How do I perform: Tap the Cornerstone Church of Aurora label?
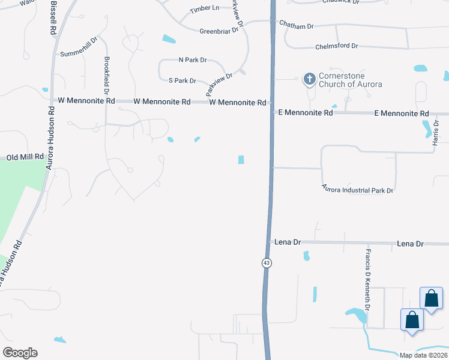tap(351, 80)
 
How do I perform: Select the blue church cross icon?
tap(310, 79)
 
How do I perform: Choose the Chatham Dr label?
tap(297, 26)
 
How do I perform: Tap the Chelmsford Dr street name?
tap(336, 46)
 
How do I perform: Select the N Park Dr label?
tap(192, 60)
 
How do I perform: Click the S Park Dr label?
tap(182, 80)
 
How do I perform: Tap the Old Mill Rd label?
tap(25, 157)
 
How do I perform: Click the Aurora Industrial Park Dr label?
tap(357, 190)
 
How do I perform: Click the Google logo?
tap(20, 353)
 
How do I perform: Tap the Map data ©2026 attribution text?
tap(423, 355)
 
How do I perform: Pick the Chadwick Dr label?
tap(340, 2)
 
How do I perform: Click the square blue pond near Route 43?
tap(241, 160)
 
